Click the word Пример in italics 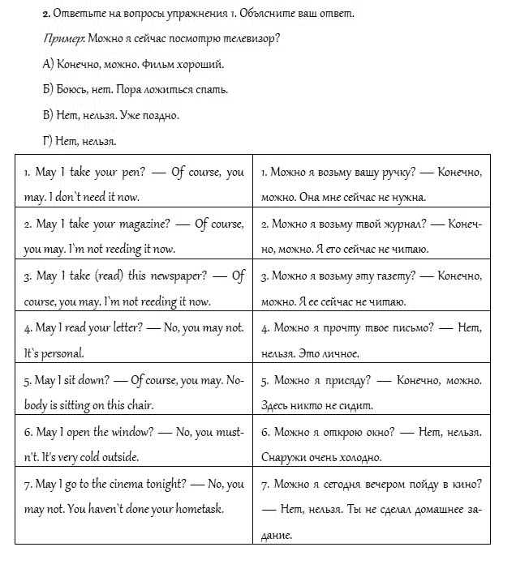[57, 39]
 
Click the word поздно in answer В [161, 115]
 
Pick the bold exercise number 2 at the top [45, 14]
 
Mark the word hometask [191, 509]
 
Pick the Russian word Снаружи [283, 457]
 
